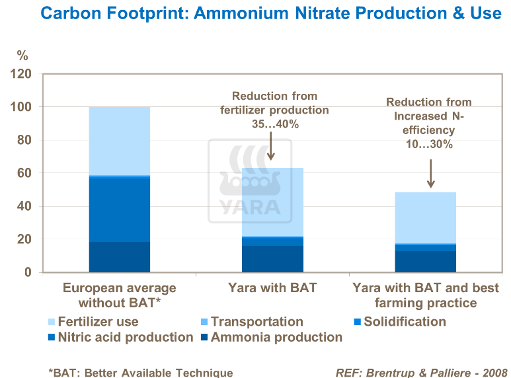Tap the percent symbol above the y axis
point(22,55)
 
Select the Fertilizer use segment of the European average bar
point(119,140)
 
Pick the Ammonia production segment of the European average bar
point(119,256)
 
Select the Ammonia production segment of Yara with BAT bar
point(272,259)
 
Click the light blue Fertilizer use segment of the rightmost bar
point(425,218)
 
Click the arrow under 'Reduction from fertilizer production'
point(270,146)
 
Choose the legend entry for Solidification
point(399,322)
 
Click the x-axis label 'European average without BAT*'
point(119,295)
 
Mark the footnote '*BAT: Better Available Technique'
point(140,372)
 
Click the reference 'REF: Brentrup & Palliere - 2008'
point(421,372)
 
